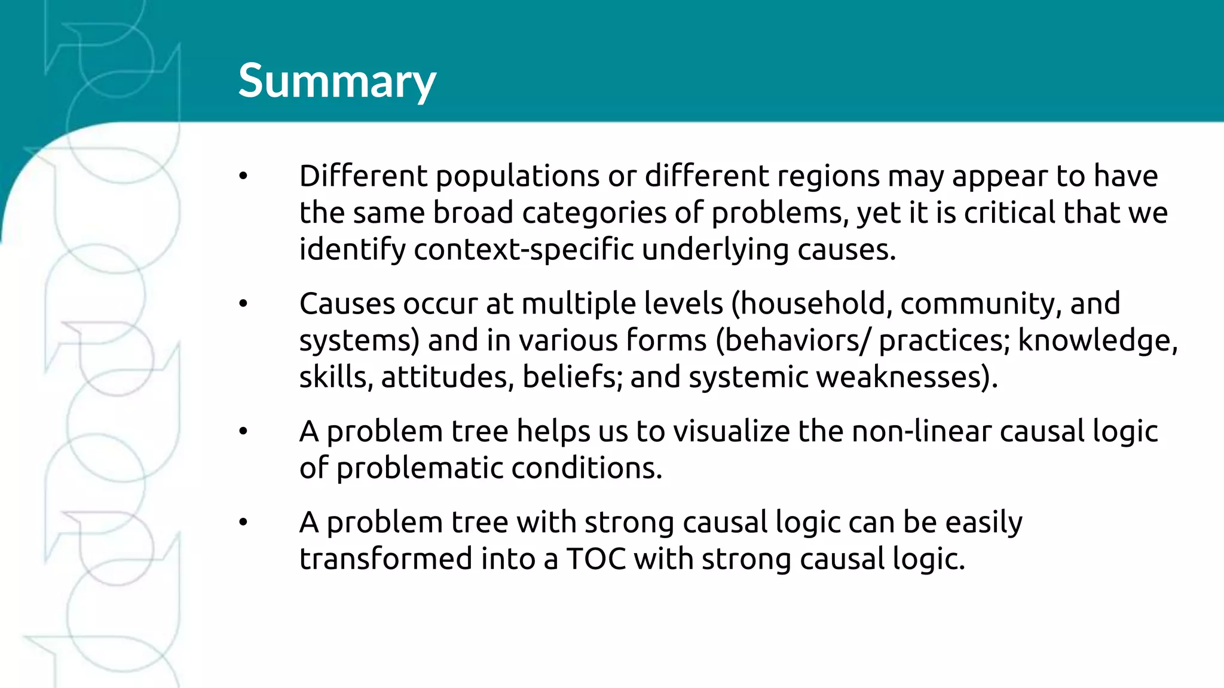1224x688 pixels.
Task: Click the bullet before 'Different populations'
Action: pyautogui.click(x=243, y=176)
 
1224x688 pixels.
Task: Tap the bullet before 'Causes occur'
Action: pyautogui.click(x=243, y=304)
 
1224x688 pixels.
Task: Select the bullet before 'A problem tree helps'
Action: pyautogui.click(x=243, y=431)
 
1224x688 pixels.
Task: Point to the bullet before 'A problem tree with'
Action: pyautogui.click(x=243, y=523)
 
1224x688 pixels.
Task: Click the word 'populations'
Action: pyautogui.click(x=517, y=177)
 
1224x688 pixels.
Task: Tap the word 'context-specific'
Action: pyautogui.click(x=524, y=250)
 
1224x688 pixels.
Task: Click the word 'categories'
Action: pyautogui.click(x=594, y=213)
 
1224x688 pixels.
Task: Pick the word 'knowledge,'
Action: pyautogui.click(x=1097, y=341)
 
